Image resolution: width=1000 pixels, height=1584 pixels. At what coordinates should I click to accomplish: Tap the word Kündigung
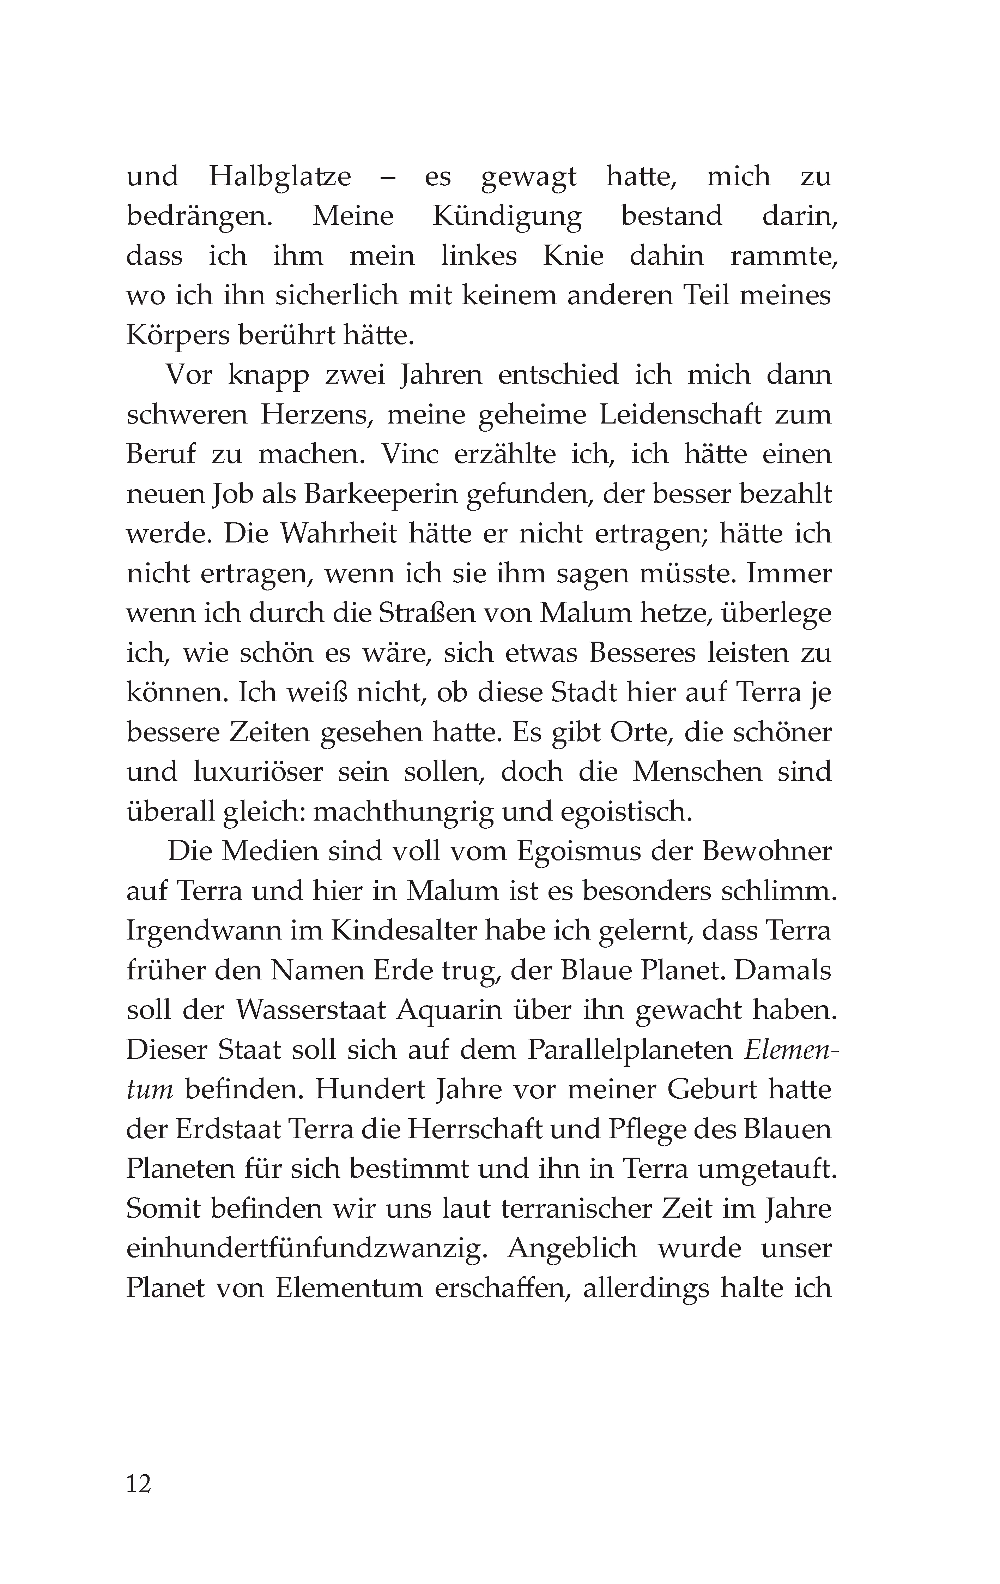[507, 216]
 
